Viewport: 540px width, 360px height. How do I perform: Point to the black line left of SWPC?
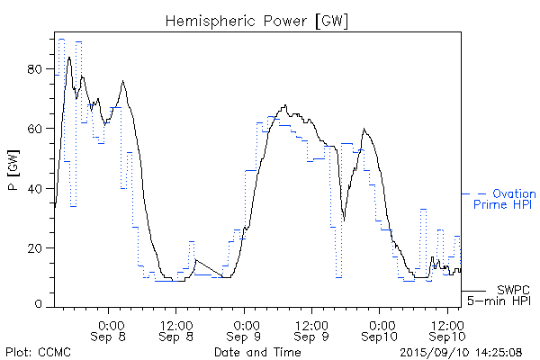click(475, 291)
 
